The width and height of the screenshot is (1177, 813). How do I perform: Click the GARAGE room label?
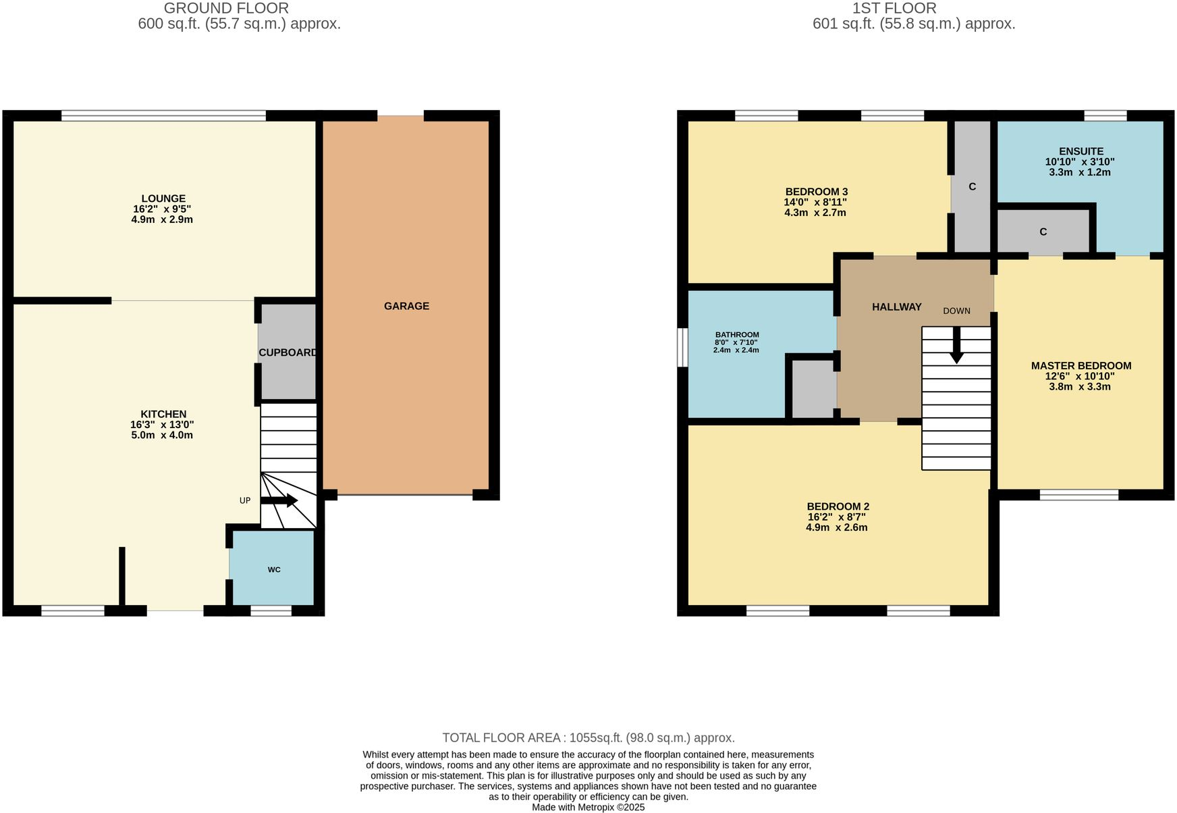[x=406, y=306]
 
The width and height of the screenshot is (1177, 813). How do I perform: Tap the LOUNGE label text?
[x=163, y=199]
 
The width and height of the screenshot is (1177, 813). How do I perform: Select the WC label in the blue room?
[x=274, y=570]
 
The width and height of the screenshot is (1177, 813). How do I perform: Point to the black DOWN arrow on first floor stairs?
[x=956, y=345]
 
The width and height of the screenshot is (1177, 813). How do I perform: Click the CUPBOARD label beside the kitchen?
[x=288, y=352]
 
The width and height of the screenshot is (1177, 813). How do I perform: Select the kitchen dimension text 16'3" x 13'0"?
[x=162, y=425]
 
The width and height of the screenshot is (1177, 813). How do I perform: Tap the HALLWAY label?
[x=896, y=307]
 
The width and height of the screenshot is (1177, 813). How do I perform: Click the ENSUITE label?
[x=1080, y=151]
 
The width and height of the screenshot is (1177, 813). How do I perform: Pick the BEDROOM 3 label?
[x=816, y=192]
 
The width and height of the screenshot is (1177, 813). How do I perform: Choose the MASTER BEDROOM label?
[x=1080, y=366]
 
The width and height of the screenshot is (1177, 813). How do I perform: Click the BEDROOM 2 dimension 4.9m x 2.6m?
[x=836, y=527]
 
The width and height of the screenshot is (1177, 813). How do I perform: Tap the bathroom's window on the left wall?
[x=682, y=347]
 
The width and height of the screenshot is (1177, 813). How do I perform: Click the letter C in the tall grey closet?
[x=972, y=186]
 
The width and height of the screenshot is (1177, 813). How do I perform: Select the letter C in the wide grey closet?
[x=1043, y=232]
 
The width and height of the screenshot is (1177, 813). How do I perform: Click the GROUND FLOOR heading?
[x=226, y=8]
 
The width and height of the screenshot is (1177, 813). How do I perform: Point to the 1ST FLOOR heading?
[x=894, y=8]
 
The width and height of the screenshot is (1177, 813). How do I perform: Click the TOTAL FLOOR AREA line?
[x=588, y=737]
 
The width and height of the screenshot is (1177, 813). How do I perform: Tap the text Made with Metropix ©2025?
[x=588, y=807]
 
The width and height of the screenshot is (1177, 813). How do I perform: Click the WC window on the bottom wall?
[x=271, y=610]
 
